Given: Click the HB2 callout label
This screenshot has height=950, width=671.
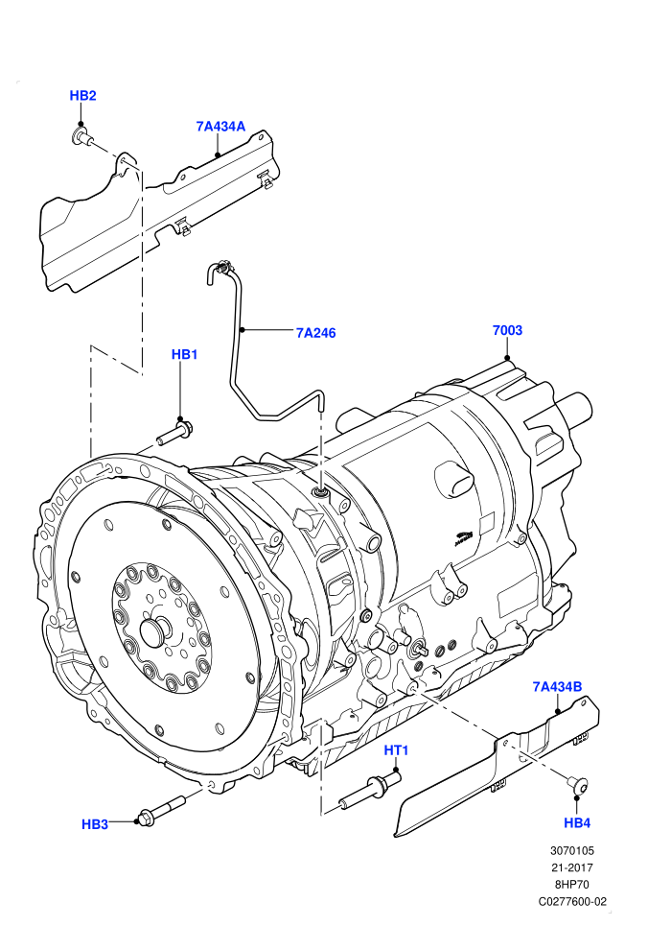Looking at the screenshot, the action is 82,96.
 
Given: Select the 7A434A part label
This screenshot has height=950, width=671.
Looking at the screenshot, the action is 220,127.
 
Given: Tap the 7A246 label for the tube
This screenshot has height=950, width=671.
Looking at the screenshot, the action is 315,333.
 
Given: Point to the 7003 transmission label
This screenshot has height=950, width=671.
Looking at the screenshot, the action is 507,330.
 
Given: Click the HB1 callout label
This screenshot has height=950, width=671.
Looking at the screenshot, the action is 185,354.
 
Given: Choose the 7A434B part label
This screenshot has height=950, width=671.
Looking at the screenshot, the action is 557,686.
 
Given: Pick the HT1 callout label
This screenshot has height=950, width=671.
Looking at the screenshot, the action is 396,750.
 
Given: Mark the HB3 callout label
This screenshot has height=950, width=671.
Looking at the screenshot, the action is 95,824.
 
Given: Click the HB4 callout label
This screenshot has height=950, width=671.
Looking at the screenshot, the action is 577,822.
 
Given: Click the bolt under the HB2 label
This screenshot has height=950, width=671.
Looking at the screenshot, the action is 81,136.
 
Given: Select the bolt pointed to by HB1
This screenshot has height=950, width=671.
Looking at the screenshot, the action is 174,433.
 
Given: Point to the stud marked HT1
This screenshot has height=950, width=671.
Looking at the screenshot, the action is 370,788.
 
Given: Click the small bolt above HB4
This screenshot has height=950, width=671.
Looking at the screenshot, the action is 578,785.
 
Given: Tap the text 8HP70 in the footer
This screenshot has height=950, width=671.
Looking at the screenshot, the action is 572,884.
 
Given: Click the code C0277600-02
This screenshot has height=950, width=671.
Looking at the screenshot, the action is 572,901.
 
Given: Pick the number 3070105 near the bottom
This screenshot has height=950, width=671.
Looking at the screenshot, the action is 572,850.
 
